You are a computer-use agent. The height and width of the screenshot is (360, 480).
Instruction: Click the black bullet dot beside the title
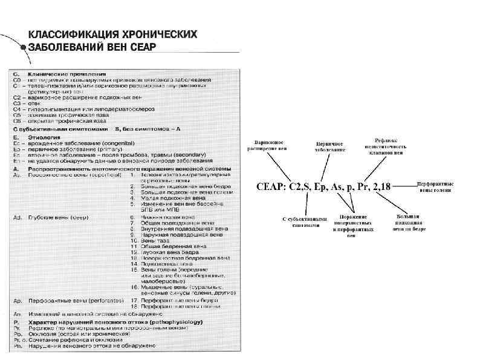click(x=23, y=47)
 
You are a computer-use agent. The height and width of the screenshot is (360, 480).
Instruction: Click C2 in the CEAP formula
click(x=298, y=188)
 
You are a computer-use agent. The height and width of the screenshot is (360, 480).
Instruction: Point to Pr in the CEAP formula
click(x=363, y=188)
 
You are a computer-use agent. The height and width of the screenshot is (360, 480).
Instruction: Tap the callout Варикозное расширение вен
click(x=267, y=145)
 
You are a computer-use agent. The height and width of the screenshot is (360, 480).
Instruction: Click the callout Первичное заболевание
click(x=329, y=146)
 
